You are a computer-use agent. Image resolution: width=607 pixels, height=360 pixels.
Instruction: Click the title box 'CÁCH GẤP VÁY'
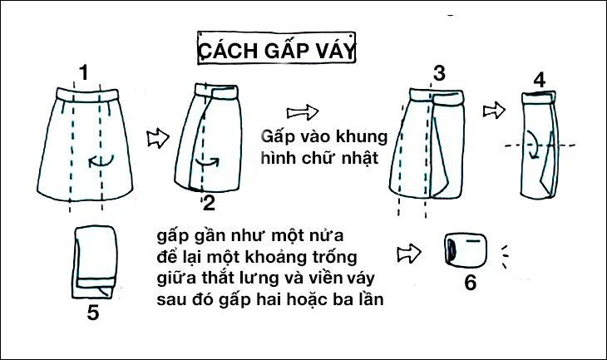276,48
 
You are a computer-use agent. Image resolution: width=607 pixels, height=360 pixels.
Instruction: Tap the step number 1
84,72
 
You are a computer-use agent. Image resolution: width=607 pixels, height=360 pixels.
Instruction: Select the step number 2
209,203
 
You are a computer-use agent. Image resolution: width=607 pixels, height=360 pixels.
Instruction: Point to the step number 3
439,73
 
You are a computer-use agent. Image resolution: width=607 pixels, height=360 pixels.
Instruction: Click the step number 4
540,80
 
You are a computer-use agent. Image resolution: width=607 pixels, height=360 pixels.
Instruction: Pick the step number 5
93,312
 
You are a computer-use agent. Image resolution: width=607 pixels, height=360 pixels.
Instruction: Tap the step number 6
471,282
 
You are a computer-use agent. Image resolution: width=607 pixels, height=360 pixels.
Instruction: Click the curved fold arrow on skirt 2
208,163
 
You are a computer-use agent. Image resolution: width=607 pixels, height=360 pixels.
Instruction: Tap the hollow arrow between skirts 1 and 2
158,138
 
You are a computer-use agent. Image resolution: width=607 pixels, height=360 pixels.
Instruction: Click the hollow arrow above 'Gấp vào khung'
303,112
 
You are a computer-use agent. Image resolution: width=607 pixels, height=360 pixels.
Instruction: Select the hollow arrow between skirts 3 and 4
494,111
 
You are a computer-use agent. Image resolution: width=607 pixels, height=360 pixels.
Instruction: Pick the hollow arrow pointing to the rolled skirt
409,254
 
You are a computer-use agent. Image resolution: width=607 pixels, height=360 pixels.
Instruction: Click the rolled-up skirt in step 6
466,249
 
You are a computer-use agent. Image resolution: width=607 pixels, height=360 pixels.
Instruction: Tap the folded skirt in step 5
94,263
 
